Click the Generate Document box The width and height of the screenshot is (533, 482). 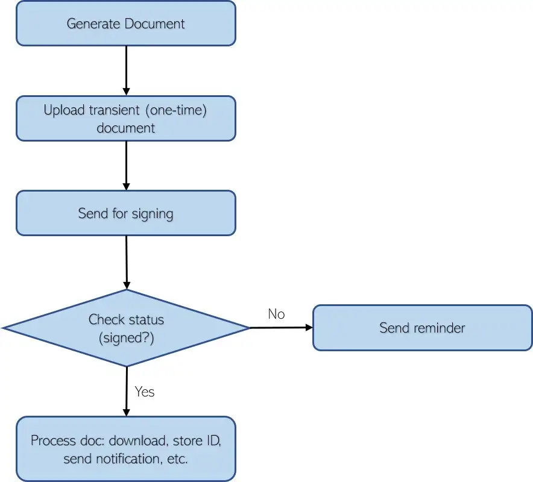pyautogui.click(x=125, y=23)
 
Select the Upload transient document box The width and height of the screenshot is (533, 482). pyautogui.click(x=125, y=119)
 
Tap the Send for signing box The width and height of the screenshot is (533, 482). pyautogui.click(x=125, y=213)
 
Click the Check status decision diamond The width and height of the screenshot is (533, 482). pyautogui.click(x=126, y=328)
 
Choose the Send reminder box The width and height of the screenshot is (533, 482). pyautogui.click(x=422, y=328)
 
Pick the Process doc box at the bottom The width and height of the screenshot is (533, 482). pyautogui.click(x=125, y=449)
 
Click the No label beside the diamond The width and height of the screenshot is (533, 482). pyautogui.click(x=276, y=314)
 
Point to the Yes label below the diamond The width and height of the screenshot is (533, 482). pyautogui.click(x=145, y=392)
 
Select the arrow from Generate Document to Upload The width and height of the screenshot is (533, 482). pyautogui.click(x=126, y=70)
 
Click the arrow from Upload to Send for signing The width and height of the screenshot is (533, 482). pyautogui.click(x=126, y=165)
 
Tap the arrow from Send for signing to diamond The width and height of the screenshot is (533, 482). pyautogui.click(x=126, y=261)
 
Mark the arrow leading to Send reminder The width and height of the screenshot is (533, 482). pyautogui.click(x=281, y=328)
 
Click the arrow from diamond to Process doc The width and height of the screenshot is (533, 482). pyautogui.click(x=126, y=391)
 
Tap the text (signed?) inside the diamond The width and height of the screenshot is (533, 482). pyautogui.click(x=126, y=338)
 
